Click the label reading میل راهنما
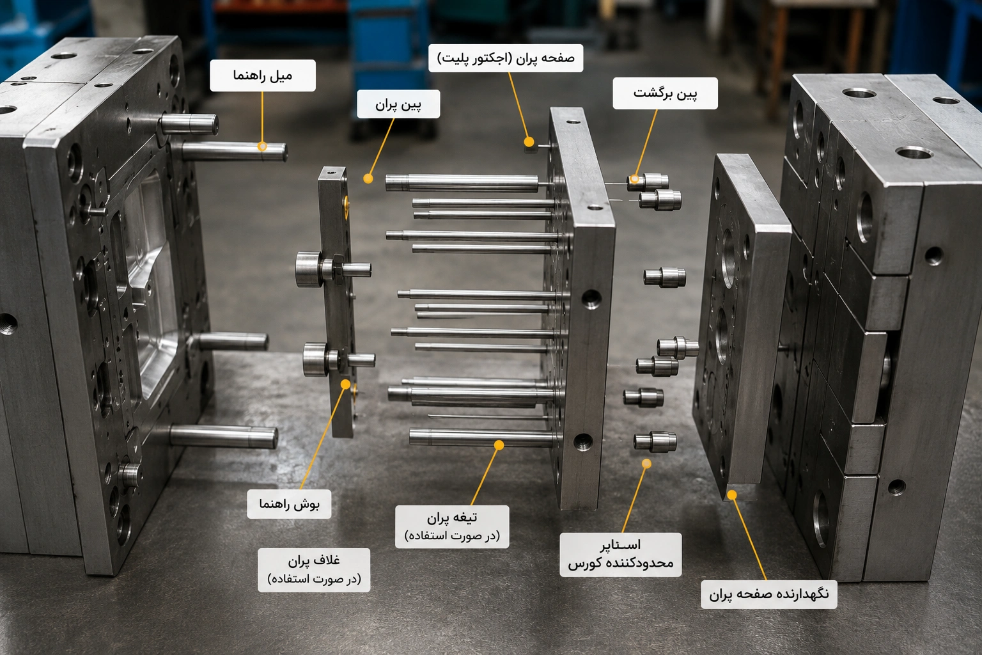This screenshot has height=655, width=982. pos(263,75)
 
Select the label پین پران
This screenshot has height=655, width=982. pos(398,104)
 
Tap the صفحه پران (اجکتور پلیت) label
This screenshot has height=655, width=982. pos(506,58)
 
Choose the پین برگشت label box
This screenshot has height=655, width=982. pos(665,93)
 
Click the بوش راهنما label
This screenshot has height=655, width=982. pos(289,504)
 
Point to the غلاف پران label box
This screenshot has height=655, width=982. pos(314,570)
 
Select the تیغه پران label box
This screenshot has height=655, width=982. pos(452,526)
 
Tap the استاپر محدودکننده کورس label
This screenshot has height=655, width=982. pos(621,555)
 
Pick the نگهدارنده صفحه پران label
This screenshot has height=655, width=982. pos(769,594)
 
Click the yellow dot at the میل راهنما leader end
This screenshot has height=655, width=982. pos(262,146)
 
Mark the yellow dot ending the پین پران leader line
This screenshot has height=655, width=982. pos(368,178)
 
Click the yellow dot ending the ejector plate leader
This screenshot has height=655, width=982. pos(529,142)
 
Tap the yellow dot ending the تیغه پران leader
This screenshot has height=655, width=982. pos(499,445)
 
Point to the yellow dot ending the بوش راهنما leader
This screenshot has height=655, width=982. pos(345,384)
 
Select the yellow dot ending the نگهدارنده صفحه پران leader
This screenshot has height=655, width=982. pos(731,495)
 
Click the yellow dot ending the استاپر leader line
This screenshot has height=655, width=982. pos(646,463)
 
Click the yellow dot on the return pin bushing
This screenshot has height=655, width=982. pos(634,179)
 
